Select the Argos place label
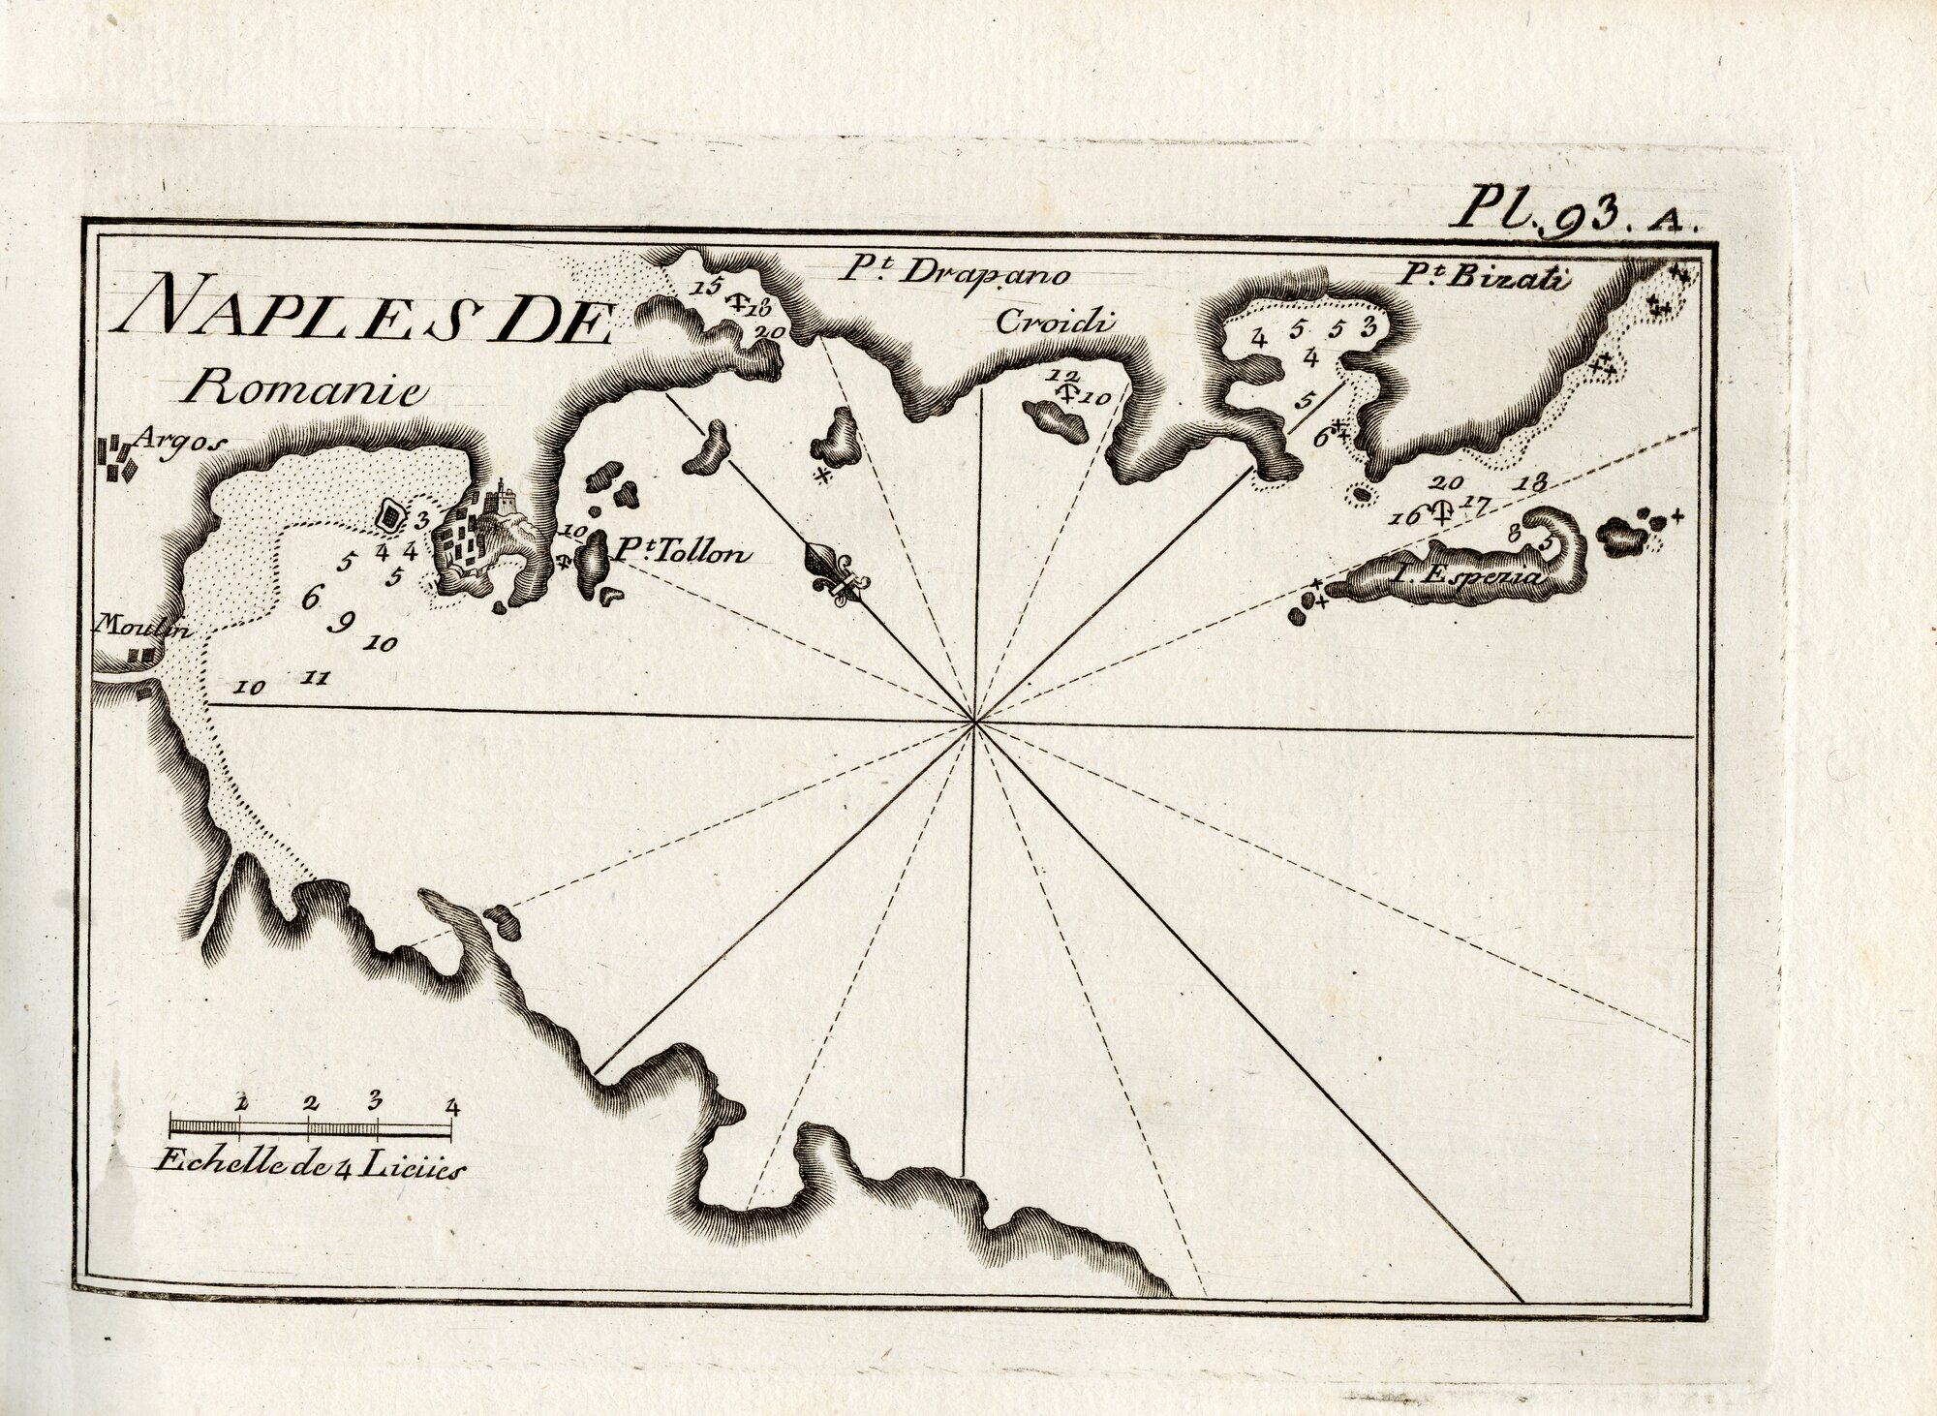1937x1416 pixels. point(179,439)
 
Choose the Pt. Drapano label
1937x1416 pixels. point(954,274)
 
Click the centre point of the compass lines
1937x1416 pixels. point(975,722)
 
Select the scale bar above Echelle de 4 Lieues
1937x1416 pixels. point(310,1125)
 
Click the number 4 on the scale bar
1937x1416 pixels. point(450,1102)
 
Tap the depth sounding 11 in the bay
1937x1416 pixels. point(313,678)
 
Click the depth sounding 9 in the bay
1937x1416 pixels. point(341,622)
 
